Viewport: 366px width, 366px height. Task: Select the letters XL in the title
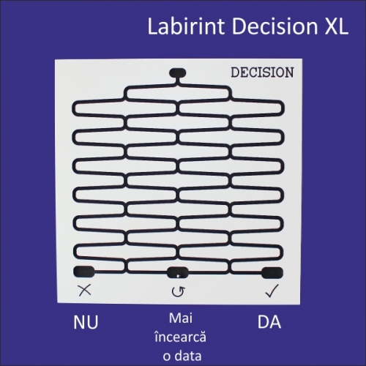click(x=337, y=26)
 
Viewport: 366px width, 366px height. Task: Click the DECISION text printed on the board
click(x=262, y=72)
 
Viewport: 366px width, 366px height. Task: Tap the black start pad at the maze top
click(x=178, y=72)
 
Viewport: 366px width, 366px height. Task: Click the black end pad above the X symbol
click(x=84, y=272)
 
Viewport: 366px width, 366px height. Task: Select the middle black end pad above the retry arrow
click(x=178, y=272)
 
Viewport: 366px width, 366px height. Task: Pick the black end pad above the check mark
click(x=272, y=272)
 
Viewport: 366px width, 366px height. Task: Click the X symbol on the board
click(x=84, y=290)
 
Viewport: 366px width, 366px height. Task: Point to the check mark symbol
click(x=272, y=291)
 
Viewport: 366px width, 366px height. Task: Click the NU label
click(x=86, y=322)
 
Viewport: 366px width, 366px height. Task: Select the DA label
click(x=269, y=322)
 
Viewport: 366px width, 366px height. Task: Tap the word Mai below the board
click(x=181, y=318)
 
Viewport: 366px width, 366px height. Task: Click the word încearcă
click(x=181, y=337)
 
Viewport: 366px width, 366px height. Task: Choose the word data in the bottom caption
click(x=189, y=356)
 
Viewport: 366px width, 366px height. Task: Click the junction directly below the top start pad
click(x=178, y=84)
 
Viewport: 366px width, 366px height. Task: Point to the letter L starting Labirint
click(x=152, y=26)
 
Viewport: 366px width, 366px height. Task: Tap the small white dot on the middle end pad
click(x=178, y=276)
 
